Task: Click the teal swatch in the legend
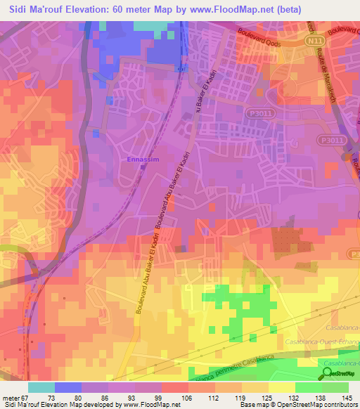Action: tap(41, 387)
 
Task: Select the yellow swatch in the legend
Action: tap(282, 387)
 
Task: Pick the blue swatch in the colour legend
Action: tap(68, 387)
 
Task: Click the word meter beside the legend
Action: tap(12, 397)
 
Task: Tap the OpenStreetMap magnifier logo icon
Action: tap(328, 373)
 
